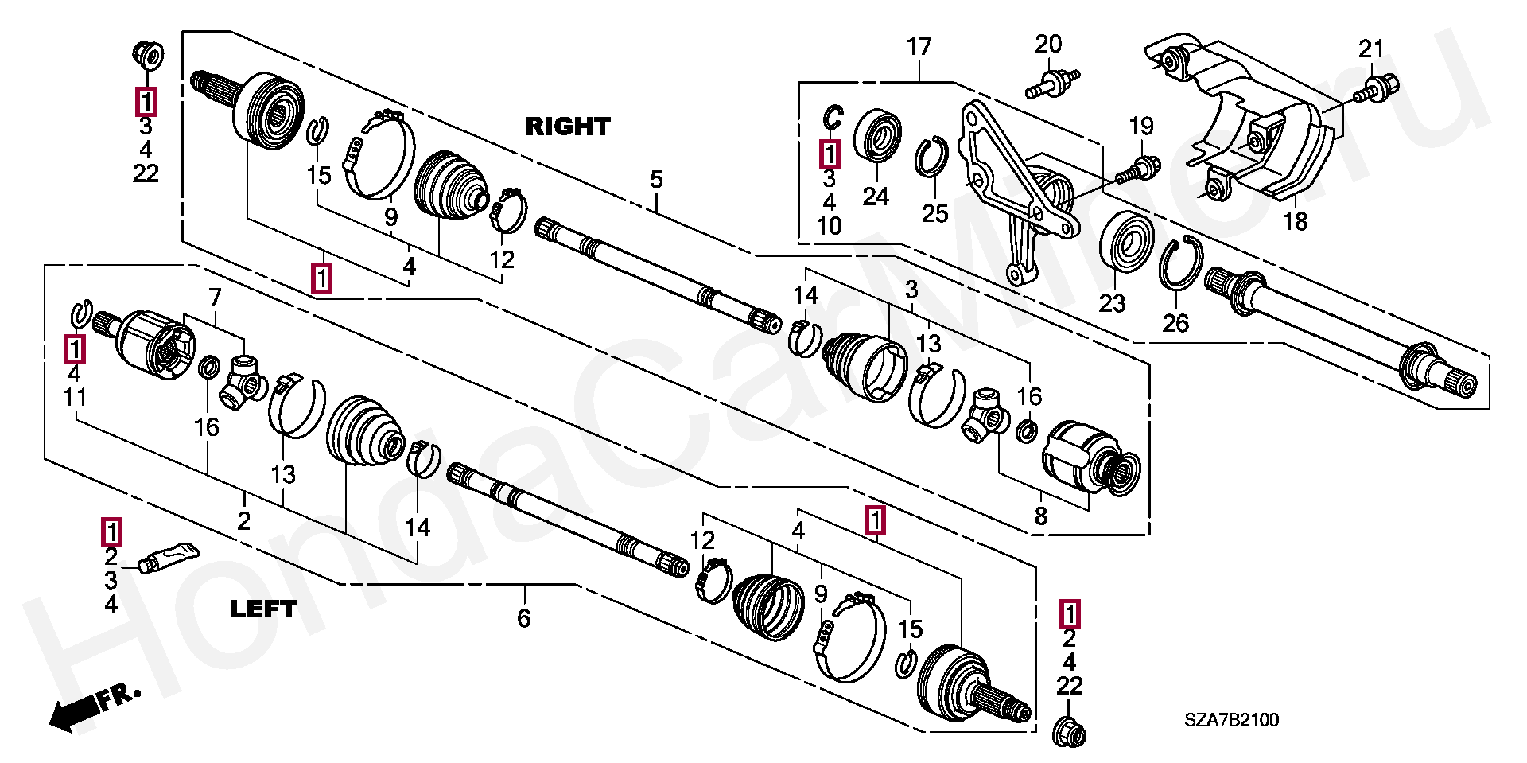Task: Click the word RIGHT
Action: (x=568, y=126)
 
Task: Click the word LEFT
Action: (x=263, y=609)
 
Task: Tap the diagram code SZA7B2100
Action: (x=1231, y=720)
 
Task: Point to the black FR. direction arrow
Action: (x=95, y=707)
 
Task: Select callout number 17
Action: (x=919, y=47)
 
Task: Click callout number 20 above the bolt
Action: (x=1048, y=45)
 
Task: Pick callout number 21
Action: (x=1371, y=49)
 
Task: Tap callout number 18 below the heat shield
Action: (x=1295, y=221)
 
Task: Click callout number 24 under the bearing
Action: (x=876, y=197)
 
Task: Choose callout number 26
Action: (x=1175, y=323)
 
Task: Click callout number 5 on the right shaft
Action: (x=656, y=180)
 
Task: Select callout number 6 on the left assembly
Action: (x=523, y=618)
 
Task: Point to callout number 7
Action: (x=215, y=298)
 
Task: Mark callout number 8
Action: (x=1040, y=516)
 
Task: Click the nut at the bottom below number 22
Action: (x=1068, y=731)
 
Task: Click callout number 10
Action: (x=829, y=226)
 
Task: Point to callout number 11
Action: (x=75, y=397)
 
